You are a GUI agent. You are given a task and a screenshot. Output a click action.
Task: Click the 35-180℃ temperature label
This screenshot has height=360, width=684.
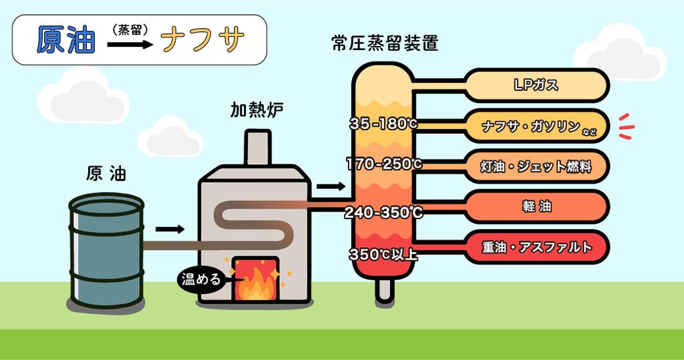[383, 124]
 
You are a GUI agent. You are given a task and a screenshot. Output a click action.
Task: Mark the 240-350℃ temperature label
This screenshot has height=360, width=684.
[383, 213]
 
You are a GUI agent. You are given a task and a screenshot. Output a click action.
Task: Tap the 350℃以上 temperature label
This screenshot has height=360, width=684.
[383, 254]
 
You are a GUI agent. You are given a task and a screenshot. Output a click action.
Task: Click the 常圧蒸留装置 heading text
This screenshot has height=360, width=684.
[385, 44]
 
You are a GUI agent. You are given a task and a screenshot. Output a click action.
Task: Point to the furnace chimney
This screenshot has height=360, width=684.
[257, 147]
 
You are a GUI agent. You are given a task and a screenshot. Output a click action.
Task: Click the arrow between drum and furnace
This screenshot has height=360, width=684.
[174, 229]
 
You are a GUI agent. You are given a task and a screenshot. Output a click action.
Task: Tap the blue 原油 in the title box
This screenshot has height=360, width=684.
[65, 41]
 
